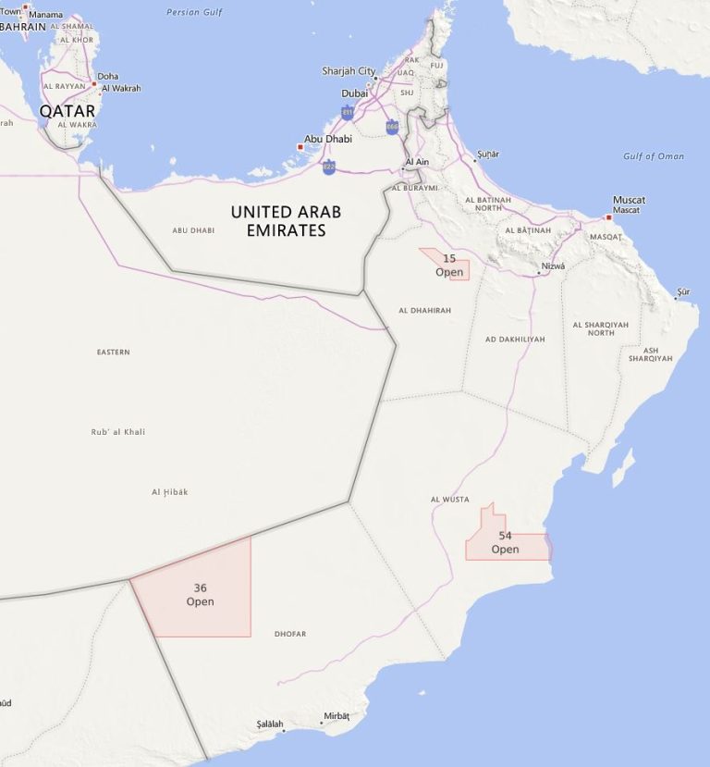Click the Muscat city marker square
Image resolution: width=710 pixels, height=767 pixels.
(608, 217)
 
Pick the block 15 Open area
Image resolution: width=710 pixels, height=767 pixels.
(450, 265)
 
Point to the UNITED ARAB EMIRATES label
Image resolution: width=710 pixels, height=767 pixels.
(286, 221)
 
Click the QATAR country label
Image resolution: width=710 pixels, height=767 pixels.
(67, 110)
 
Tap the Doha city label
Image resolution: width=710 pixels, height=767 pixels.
(108, 76)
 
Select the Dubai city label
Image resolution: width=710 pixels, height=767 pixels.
(354, 93)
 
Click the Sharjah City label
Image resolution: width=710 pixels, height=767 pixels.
(349, 71)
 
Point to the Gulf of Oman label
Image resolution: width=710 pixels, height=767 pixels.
(654, 156)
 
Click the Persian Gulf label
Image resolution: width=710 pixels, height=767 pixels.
(196, 12)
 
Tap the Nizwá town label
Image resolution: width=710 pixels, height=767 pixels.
(553, 266)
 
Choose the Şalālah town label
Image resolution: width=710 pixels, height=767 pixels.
(270, 724)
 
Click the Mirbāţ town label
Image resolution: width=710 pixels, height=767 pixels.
(337, 716)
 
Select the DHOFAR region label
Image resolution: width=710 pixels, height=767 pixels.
(290, 634)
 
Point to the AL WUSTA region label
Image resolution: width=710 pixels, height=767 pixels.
(450, 500)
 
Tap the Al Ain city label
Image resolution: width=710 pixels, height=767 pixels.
(418, 162)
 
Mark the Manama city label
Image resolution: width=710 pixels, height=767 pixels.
(45, 15)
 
